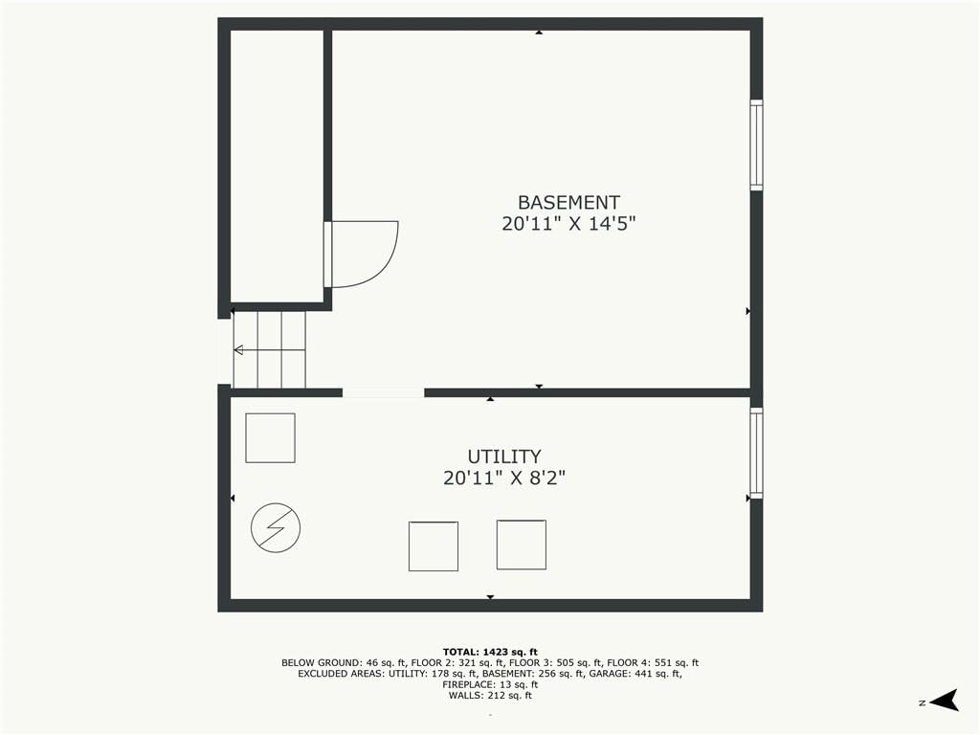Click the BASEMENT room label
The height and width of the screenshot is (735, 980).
coord(568,203)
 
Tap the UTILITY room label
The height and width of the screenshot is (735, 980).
coord(504,457)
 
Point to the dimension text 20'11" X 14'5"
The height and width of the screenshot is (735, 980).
coord(568,224)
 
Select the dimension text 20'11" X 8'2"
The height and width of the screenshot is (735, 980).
coord(504,479)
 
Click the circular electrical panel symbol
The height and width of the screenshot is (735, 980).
coord(276,527)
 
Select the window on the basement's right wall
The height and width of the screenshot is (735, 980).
coord(756,145)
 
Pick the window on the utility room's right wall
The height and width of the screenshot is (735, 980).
coord(756,453)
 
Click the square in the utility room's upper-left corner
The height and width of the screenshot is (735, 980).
coord(270,438)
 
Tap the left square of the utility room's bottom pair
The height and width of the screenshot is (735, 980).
coord(434,546)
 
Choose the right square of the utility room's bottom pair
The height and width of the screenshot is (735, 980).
coord(522,545)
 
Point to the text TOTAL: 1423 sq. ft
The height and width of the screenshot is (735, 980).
coord(490,652)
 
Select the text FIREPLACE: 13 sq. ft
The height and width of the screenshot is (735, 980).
coord(490,684)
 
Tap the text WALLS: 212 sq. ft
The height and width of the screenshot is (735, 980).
coord(490,695)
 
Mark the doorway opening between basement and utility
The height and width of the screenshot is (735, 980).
coord(383,392)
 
